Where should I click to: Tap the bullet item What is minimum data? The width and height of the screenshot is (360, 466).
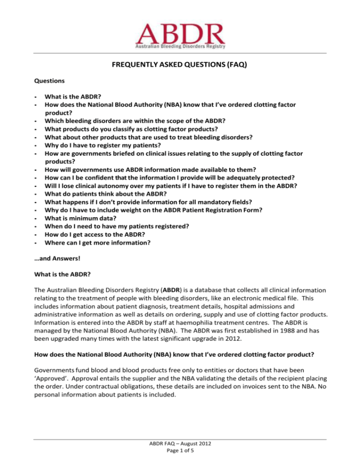click(x=83, y=218)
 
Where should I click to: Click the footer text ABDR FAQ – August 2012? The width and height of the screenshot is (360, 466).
click(x=180, y=446)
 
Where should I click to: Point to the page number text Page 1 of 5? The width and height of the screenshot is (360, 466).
click(x=180, y=455)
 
